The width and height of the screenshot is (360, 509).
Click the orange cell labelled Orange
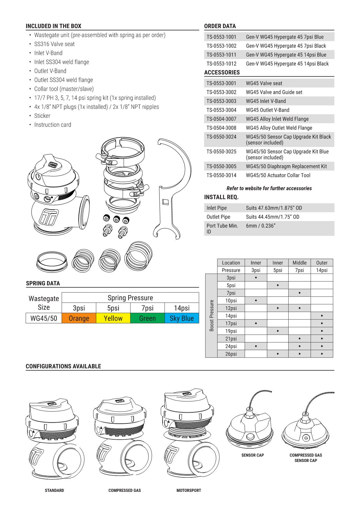coord(79,318)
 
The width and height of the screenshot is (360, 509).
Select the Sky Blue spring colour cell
coord(181,318)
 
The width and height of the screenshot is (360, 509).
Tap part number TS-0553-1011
coord(222,55)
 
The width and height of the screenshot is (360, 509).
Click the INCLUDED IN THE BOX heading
coord(53,26)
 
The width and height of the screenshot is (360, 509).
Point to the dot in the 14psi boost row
coord(322,316)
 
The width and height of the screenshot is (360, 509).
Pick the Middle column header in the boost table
coord(299,263)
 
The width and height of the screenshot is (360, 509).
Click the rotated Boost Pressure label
coord(211,315)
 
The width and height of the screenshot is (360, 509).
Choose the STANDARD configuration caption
coord(54,490)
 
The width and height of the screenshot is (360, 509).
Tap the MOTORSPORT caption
coord(189,490)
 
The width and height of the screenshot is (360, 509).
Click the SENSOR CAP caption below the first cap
coord(253,455)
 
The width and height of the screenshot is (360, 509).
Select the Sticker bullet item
coord(42,116)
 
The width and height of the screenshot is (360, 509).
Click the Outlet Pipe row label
coord(218,217)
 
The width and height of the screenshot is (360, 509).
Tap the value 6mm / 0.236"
coord(260,226)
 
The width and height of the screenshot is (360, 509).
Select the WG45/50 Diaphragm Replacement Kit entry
coord(286,166)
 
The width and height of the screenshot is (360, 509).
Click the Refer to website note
coord(269,188)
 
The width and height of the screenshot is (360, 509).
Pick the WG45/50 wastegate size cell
coord(44,318)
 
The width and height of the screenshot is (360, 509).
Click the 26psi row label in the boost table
coord(231,354)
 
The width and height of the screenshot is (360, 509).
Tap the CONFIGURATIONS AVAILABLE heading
coord(63,366)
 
